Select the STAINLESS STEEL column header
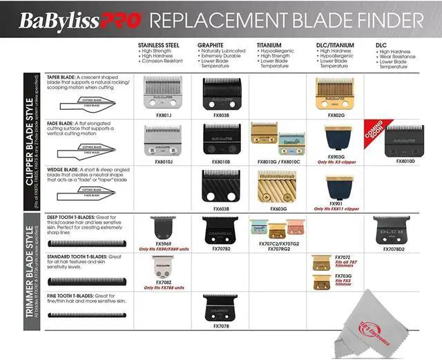click(x=158, y=45)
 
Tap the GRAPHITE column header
click(x=215, y=45)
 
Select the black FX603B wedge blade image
click(x=222, y=185)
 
